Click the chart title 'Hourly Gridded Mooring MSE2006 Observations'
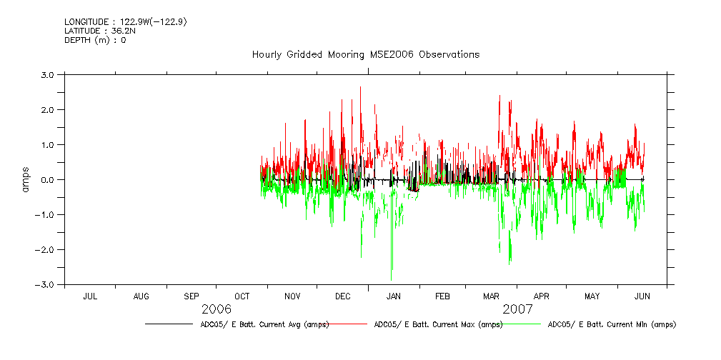point(365,54)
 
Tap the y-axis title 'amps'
point(26,179)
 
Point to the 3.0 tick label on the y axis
point(48,74)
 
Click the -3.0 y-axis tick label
point(46,284)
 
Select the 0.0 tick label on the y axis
point(48,179)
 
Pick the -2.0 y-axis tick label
point(46,249)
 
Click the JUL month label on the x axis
point(90,296)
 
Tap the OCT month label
point(242,296)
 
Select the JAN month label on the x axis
point(394,296)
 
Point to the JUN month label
point(642,296)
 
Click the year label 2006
point(217,309)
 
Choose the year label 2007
point(517,309)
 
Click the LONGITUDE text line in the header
point(126,22)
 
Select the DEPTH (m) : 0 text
point(95,40)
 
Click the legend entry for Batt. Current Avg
point(264,324)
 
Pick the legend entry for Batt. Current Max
point(438,324)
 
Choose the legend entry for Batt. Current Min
point(611,324)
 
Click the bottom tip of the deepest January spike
point(391,280)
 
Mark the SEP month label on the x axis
point(192,296)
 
